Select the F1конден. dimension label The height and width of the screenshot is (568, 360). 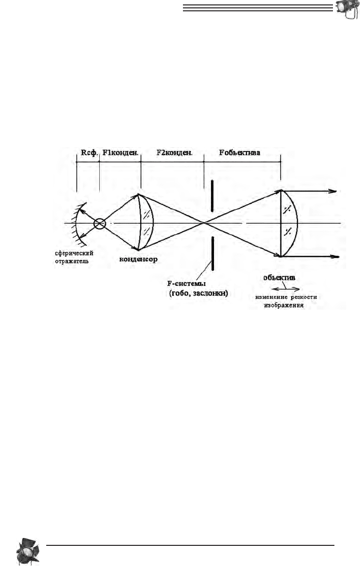(120, 153)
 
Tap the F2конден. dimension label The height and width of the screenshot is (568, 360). (175, 153)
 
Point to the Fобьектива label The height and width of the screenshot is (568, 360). (240, 153)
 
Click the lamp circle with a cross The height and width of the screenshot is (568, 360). (99, 223)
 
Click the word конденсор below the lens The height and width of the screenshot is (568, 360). (138, 259)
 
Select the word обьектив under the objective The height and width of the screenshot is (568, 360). (279, 278)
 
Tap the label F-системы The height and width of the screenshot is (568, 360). (186, 284)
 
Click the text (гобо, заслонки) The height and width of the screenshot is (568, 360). (199, 293)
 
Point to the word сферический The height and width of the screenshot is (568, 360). (74, 253)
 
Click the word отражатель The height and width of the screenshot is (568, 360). (72, 261)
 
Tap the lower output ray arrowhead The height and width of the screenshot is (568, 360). (334, 256)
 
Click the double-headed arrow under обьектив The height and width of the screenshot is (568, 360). (285, 289)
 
